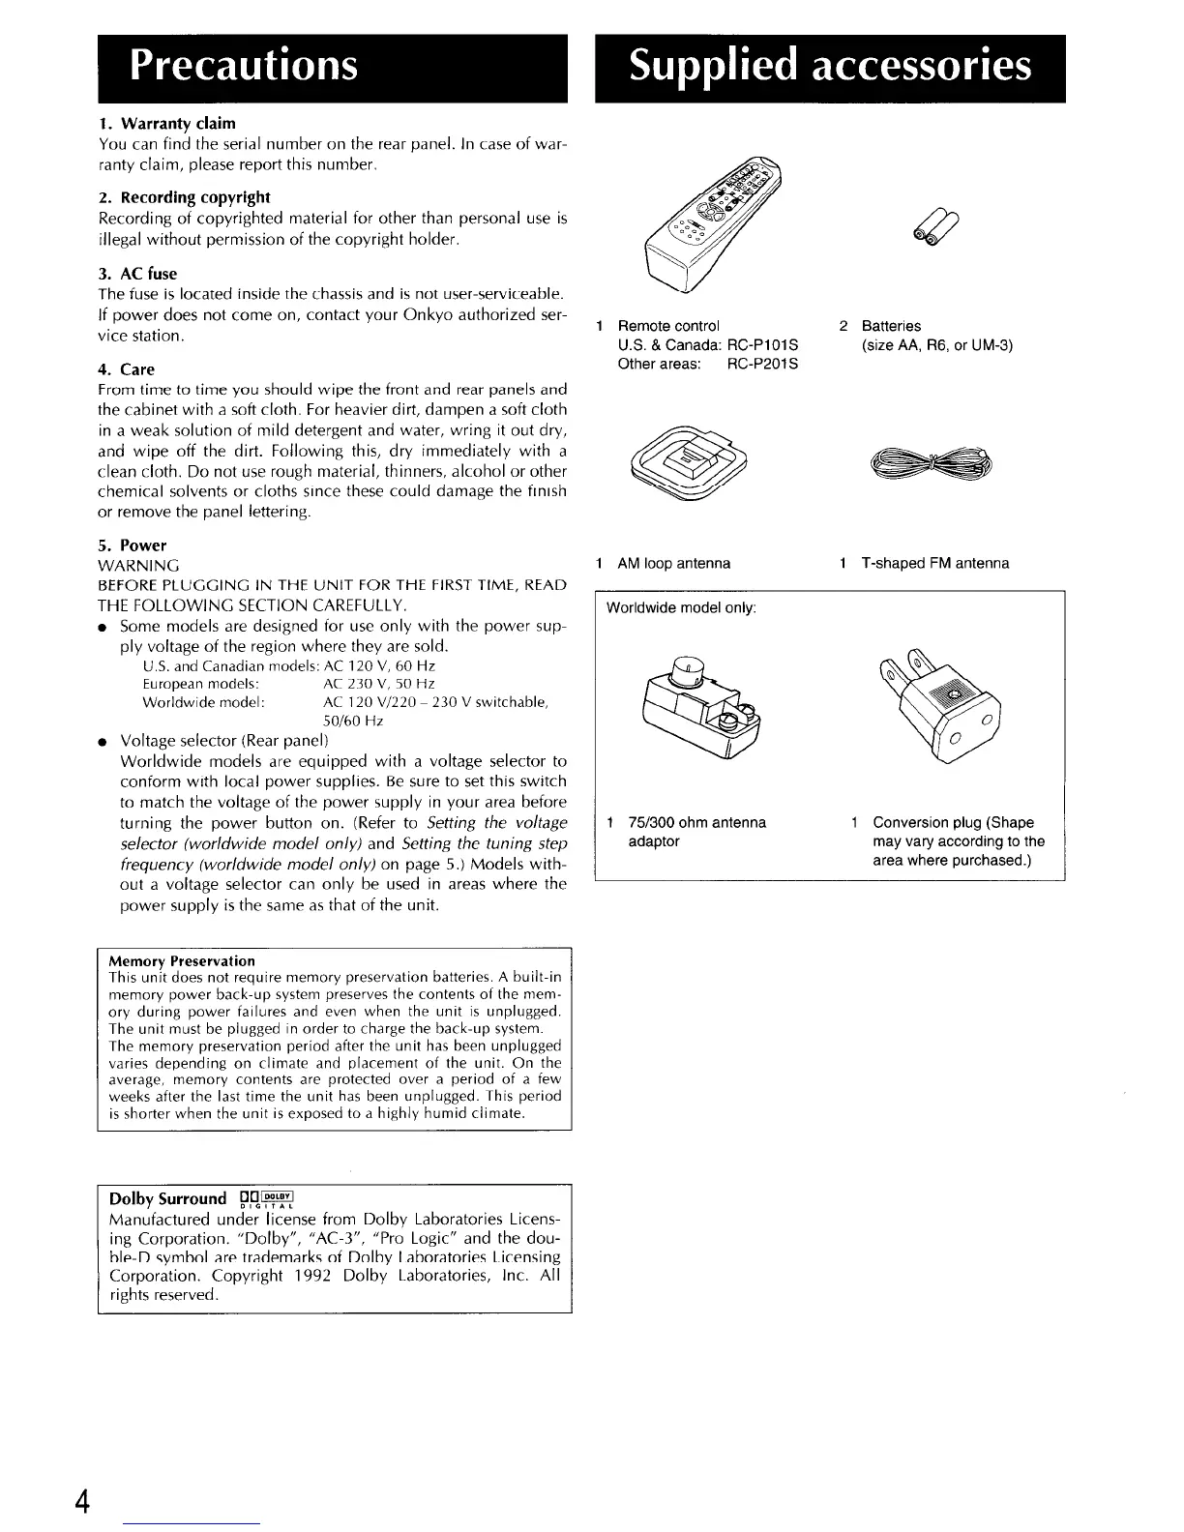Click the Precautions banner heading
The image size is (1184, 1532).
[244, 66]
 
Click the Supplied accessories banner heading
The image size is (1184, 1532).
[829, 66]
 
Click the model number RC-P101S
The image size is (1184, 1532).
[761, 345]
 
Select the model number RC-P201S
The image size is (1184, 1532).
[761, 365]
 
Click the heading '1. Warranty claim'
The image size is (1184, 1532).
[167, 124]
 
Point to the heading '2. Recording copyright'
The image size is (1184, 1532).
[185, 197]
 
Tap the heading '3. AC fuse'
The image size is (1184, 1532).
[138, 274]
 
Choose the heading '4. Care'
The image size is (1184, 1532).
[127, 369]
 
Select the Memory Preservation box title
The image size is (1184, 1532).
[182, 961]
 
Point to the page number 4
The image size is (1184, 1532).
[83, 1502]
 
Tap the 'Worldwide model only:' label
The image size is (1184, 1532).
[681, 608]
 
